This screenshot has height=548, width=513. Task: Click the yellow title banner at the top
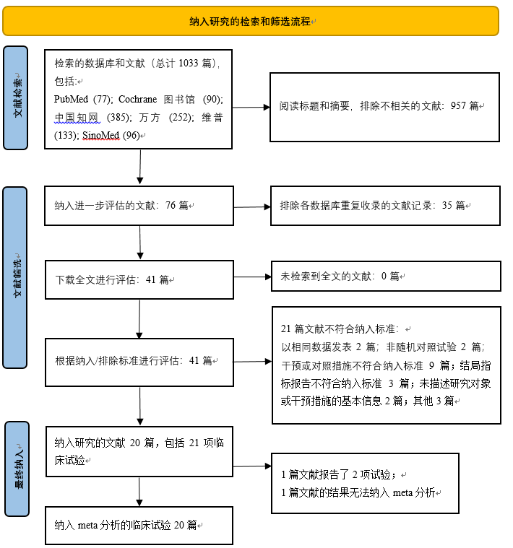(x=251, y=21)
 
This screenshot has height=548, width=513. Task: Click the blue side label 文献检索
(x=16, y=98)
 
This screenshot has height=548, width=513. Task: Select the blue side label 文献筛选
(x=15, y=277)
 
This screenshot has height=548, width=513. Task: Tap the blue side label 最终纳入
(x=17, y=469)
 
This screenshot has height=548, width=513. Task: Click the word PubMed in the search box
(x=71, y=99)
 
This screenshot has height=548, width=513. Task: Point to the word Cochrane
(x=138, y=99)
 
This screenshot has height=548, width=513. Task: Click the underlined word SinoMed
(x=101, y=135)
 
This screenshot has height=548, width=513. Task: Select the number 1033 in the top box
(x=188, y=64)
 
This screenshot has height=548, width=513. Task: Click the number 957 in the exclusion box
(x=458, y=105)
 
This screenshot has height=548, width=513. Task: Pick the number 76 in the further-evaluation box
(x=171, y=205)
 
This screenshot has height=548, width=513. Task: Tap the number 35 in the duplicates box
(x=447, y=205)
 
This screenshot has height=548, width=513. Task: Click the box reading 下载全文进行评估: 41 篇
(x=139, y=279)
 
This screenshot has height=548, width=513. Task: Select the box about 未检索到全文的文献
(x=386, y=276)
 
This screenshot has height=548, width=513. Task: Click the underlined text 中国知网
(x=77, y=118)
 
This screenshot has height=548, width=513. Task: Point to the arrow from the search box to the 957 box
(x=251, y=108)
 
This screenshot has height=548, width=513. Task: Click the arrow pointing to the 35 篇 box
(x=252, y=207)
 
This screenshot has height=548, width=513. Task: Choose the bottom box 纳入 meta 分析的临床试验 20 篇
(x=139, y=526)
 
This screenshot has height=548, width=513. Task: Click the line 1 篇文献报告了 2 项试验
(x=338, y=474)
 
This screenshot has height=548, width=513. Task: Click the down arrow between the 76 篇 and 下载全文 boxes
(x=140, y=242)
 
